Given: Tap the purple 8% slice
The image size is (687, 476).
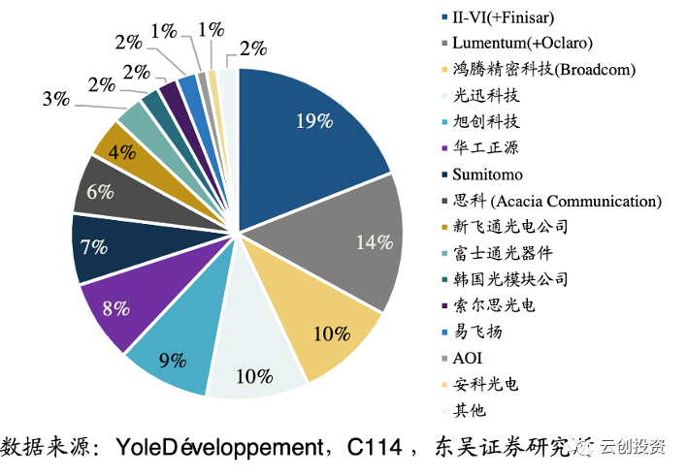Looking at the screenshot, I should [x=114, y=309].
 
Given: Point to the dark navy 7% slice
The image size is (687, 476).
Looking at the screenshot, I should [x=95, y=247].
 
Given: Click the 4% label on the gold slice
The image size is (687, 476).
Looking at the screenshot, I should [x=120, y=152].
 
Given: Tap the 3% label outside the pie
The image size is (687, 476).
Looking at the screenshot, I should [x=55, y=98].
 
